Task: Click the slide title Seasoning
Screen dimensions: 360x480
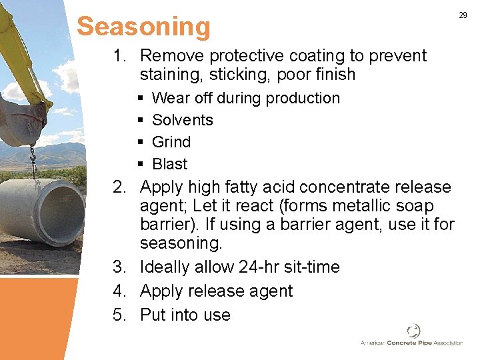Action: click(143, 27)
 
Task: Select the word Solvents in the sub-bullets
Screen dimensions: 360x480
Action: click(182, 120)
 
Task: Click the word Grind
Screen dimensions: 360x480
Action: click(171, 142)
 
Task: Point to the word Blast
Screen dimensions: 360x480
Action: click(169, 164)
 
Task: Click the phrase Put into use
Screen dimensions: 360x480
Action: click(185, 315)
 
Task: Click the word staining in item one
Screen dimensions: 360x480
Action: click(172, 74)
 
